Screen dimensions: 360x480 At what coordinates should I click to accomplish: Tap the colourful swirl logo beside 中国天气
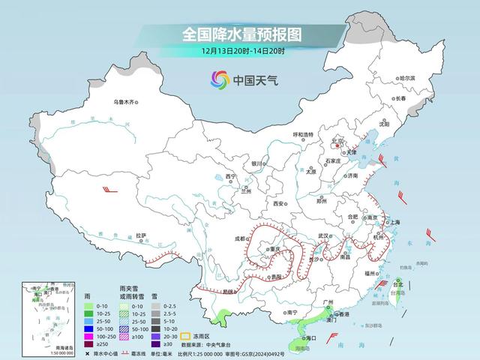click(x=220, y=79)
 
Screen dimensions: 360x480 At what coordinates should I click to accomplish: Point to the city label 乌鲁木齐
click(x=127, y=102)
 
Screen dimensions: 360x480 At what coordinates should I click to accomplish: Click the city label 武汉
click(x=323, y=235)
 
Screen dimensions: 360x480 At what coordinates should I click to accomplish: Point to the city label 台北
click(x=398, y=285)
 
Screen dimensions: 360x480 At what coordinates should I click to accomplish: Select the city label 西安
click(x=279, y=203)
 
